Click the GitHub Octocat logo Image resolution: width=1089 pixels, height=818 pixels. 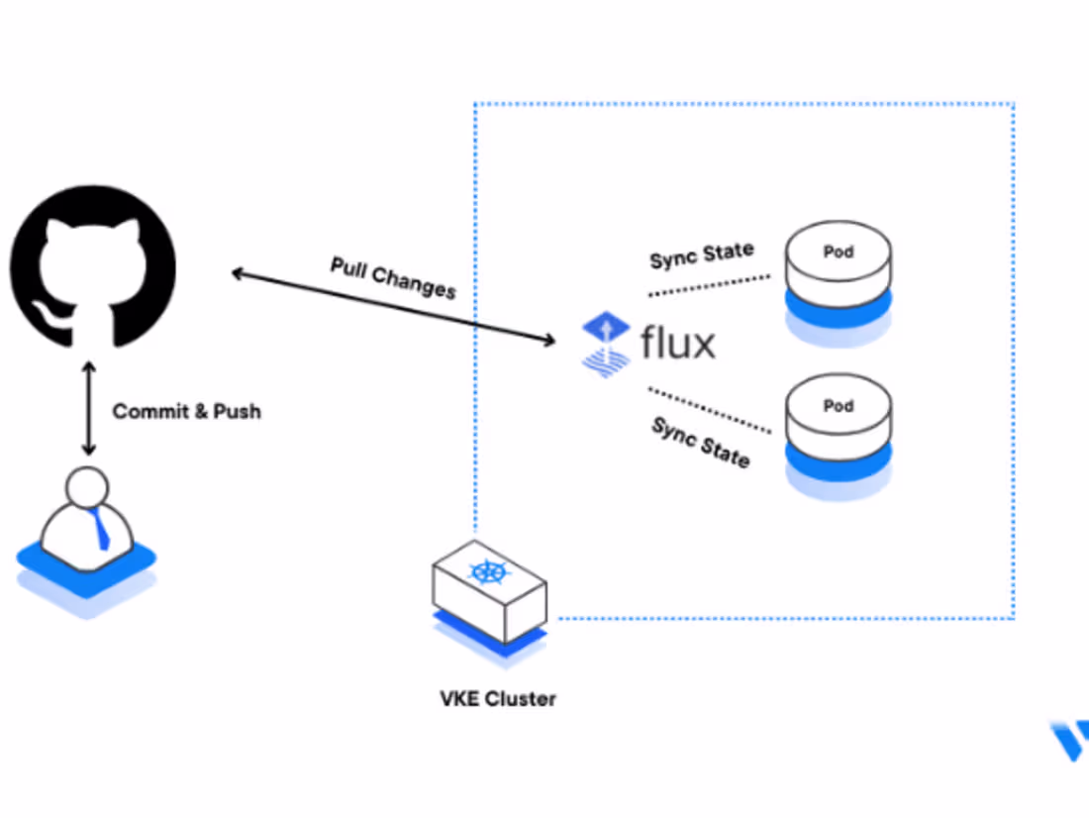[92, 265]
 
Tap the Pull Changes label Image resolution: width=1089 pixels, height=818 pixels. [393, 277]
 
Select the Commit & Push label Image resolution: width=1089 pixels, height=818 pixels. [187, 411]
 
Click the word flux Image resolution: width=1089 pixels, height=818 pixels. [678, 344]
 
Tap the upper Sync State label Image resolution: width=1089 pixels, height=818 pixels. [701, 256]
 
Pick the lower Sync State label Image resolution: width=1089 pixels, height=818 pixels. [700, 442]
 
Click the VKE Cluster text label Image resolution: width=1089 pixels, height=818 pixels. [498, 698]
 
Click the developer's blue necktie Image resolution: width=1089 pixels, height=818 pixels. [101, 531]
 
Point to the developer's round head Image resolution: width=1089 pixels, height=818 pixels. [88, 487]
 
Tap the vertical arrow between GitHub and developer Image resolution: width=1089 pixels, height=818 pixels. [89, 409]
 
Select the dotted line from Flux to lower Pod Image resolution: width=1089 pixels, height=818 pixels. [708, 410]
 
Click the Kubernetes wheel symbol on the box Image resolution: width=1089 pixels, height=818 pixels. [486, 572]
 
